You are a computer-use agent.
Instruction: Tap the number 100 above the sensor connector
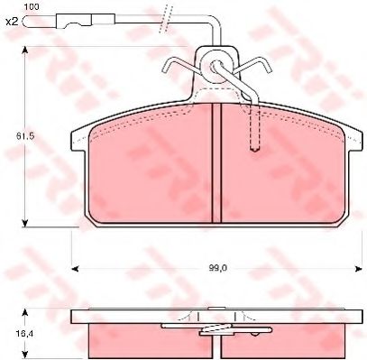[x=31, y=6]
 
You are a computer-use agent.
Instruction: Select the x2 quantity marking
[x=12, y=21]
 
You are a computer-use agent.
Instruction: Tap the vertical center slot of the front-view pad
[x=215, y=162]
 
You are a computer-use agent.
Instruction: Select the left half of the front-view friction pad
[x=144, y=167]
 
